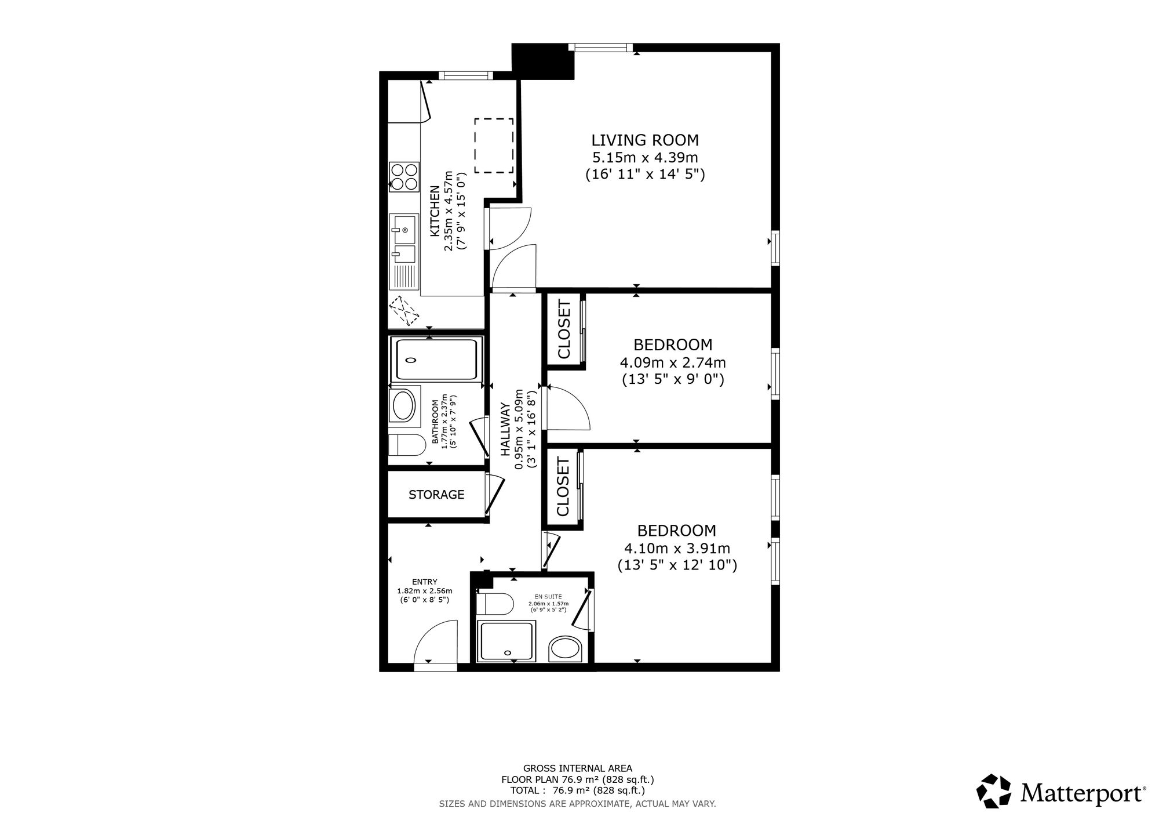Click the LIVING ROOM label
tap(645, 140)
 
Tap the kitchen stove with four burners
tap(404, 176)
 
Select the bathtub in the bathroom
tap(436, 360)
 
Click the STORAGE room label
tap(436, 495)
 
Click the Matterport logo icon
tap(994, 790)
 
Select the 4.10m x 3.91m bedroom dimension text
tap(677, 549)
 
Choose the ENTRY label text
tap(425, 582)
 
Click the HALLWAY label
tap(505, 429)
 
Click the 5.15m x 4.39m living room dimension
tap(645, 157)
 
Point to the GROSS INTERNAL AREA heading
tap(578, 768)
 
